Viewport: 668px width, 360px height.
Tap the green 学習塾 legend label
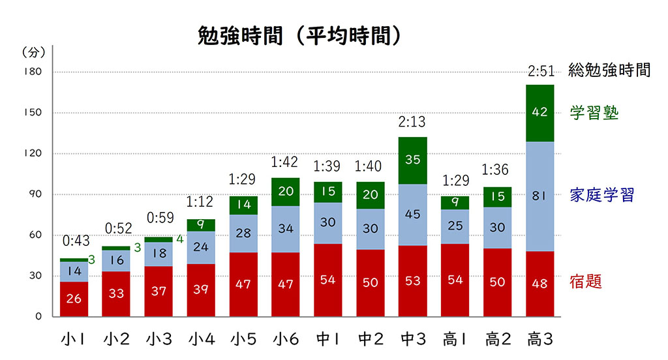594,112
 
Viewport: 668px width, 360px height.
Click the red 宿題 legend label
585,281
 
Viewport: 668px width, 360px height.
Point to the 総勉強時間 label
609,70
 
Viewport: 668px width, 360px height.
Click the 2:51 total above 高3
540,70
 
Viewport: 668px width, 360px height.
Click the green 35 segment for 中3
412,158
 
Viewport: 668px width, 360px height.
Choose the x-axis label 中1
328,339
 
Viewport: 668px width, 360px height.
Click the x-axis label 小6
286,339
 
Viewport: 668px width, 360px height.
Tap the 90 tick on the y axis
35,194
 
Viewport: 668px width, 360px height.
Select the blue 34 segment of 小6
286,229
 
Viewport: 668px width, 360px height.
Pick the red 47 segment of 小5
243,284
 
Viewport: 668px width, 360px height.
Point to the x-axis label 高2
498,339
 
